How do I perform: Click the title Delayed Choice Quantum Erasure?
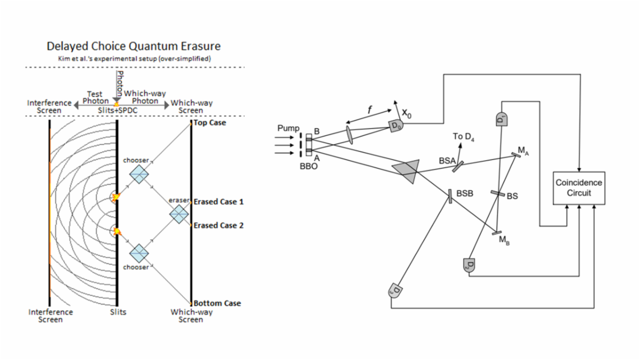point(133,47)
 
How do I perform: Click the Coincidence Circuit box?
point(579,188)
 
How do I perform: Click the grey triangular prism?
point(406,169)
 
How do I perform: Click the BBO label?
point(309,166)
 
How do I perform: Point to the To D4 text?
point(463,137)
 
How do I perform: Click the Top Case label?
point(210,123)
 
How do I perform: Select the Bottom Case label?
point(217,303)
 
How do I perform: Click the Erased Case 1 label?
point(218,202)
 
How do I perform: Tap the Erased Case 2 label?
point(218,226)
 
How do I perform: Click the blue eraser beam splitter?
point(179,214)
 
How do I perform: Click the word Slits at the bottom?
point(118,312)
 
